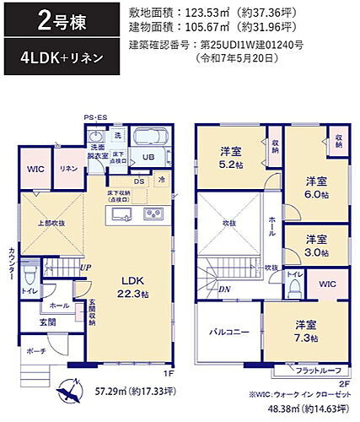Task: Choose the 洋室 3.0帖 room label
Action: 316,245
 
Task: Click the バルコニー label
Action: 228,333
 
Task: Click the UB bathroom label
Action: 148,158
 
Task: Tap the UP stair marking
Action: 86,268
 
